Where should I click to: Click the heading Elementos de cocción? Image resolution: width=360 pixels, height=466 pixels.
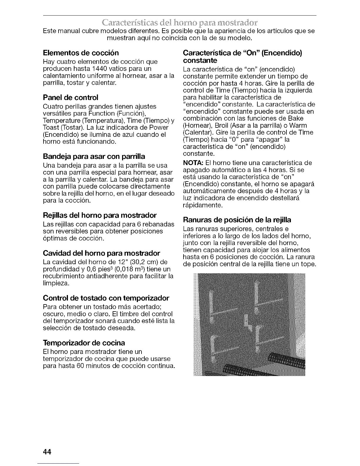coord(81,53)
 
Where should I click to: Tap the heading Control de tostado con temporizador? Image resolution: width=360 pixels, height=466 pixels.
coord(106,298)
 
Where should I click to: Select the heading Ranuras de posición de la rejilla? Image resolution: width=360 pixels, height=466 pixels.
coord(237,220)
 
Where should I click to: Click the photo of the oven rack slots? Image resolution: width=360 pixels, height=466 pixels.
coord(249,324)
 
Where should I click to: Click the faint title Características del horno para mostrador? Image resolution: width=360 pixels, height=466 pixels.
coord(180,23)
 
